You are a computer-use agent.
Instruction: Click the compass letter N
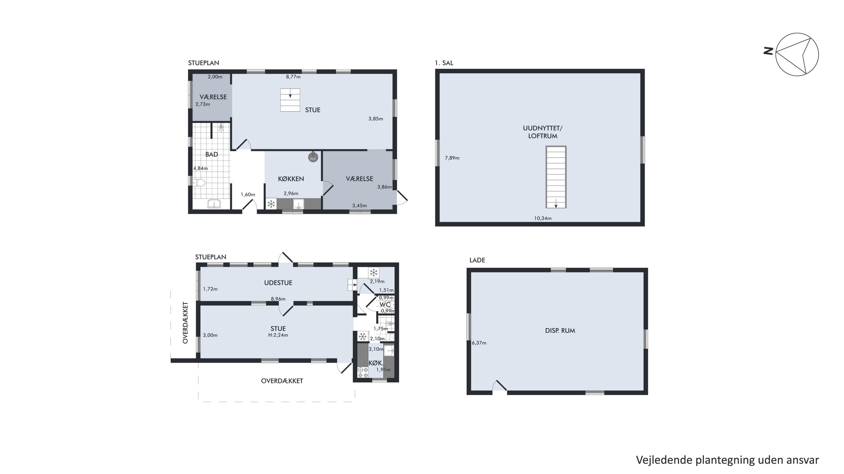[768, 51]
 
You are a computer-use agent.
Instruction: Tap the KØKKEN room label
[291, 179]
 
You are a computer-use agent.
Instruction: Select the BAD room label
[212, 155]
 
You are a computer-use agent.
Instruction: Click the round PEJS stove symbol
[313, 158]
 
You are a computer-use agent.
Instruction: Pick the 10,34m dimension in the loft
[543, 218]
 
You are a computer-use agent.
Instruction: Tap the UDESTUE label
[278, 283]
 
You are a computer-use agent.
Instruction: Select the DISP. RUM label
[560, 331]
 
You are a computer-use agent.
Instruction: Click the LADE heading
[477, 260]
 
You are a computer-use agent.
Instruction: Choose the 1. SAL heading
[444, 63]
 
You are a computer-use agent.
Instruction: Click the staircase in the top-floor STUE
[290, 100]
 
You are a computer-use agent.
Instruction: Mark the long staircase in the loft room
[556, 177]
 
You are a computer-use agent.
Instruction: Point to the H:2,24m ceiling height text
[278, 335]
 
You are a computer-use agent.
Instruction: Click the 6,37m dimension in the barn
[479, 343]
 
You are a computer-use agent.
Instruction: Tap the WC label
[385, 305]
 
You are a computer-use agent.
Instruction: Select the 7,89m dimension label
[452, 158]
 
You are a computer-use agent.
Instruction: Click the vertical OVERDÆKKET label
[185, 323]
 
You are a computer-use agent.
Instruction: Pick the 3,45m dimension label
[360, 206]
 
